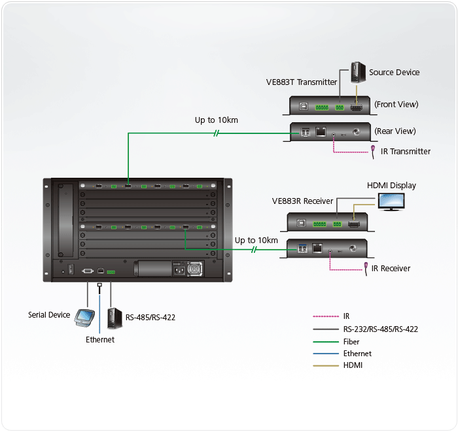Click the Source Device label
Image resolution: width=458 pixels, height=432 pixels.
click(x=394, y=73)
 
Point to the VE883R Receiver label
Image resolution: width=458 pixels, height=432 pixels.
click(x=302, y=201)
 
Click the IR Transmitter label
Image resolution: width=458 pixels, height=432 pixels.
click(x=406, y=152)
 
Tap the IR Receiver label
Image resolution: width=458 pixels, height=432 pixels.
click(x=391, y=269)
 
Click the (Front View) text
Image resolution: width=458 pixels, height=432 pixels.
click(x=396, y=105)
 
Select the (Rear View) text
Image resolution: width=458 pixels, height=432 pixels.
click(x=395, y=131)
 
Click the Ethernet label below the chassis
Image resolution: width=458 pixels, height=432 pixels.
click(x=100, y=340)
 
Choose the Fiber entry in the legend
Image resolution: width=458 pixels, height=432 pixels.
click(x=352, y=342)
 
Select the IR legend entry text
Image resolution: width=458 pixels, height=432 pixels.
click(x=346, y=317)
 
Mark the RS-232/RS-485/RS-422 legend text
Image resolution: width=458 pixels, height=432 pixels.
click(x=380, y=329)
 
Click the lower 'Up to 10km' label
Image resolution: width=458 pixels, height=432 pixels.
click(x=256, y=241)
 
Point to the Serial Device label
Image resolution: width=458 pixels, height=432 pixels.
click(x=49, y=315)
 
